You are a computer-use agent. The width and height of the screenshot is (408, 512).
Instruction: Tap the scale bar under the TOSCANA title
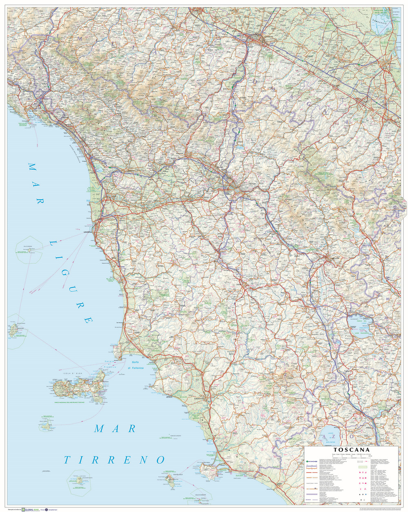[353, 457]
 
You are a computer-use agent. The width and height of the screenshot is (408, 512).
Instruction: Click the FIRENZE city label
[252, 184]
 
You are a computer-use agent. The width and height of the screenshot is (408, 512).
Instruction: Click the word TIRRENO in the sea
[114, 460]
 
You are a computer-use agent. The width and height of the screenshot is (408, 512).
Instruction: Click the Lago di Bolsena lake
[331, 435]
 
